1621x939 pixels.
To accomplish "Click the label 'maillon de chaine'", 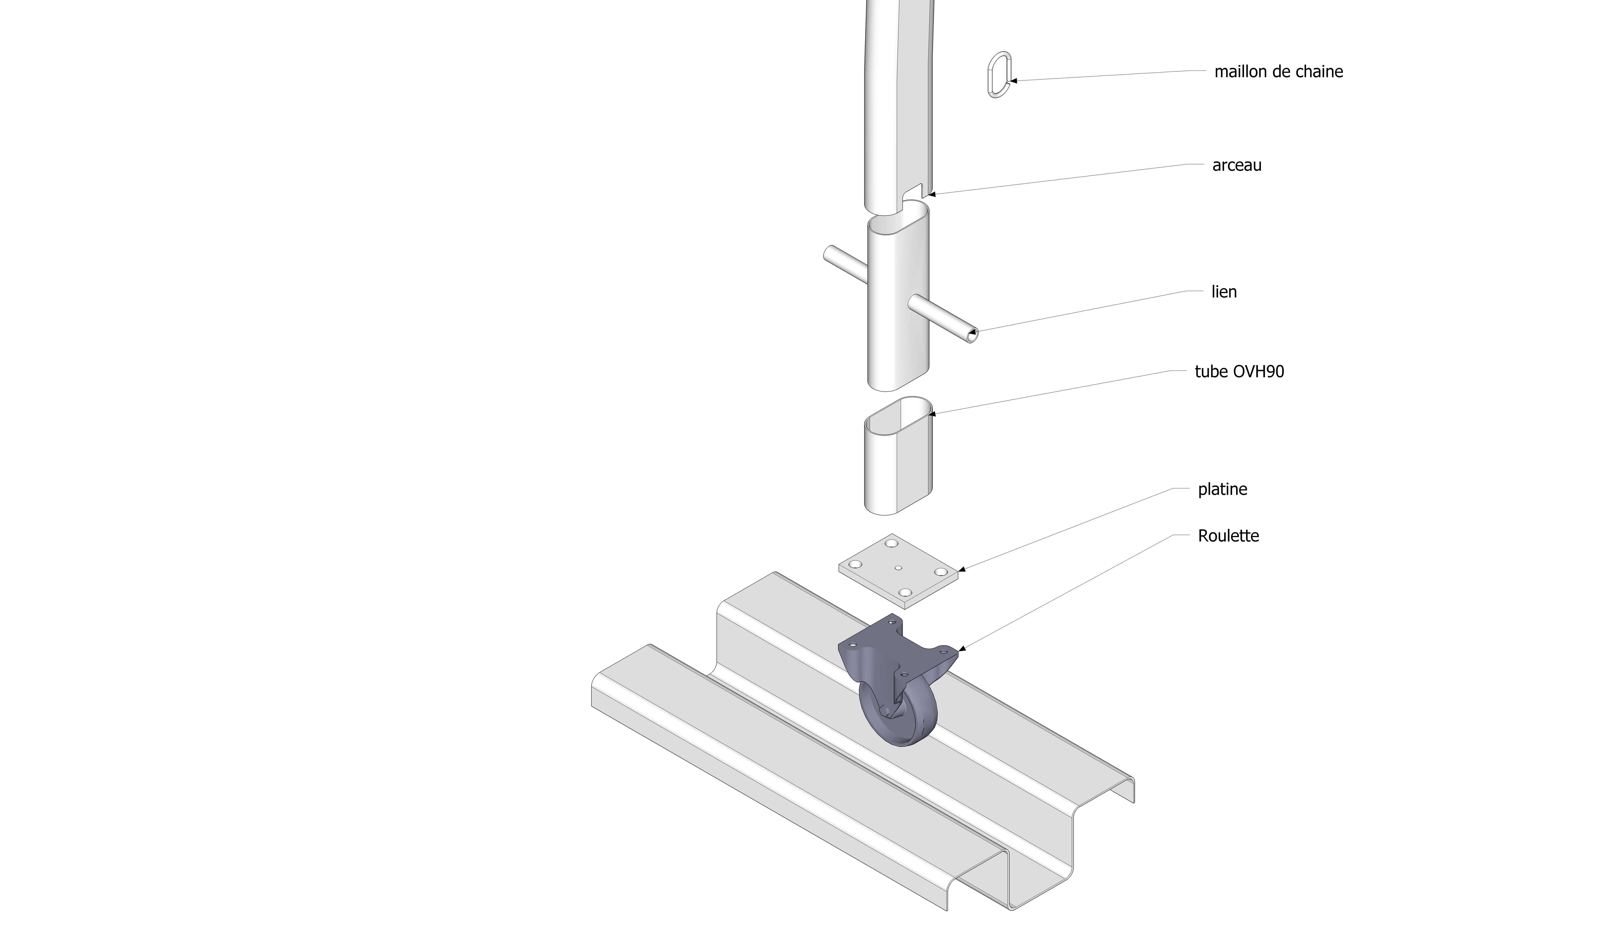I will [x=1278, y=71].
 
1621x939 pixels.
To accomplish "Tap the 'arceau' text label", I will [x=1236, y=165].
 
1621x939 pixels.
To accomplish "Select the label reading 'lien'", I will [x=1223, y=292].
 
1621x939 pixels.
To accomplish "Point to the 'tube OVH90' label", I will [x=1239, y=372].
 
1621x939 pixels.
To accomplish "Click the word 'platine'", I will [x=1222, y=489].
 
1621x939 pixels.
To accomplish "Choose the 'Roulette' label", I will [x=1228, y=536].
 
